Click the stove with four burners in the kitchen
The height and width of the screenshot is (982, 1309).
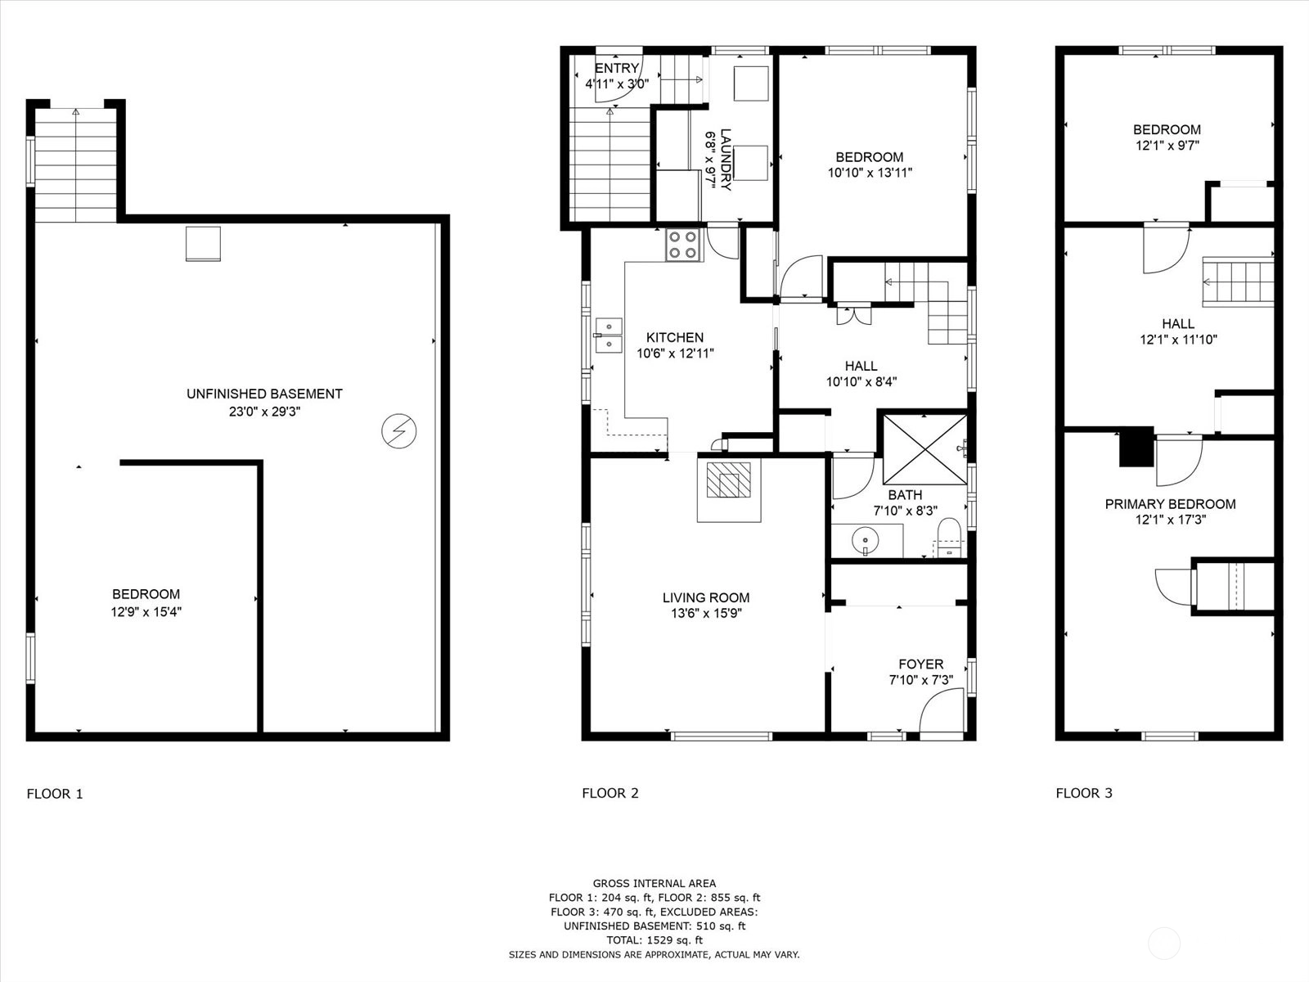(685, 245)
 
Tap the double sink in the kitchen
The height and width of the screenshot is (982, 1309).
(609, 336)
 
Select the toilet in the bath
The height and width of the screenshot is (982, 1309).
(949, 537)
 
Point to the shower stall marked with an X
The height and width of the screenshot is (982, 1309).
(925, 449)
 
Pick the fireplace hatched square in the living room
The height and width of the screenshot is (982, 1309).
(729, 480)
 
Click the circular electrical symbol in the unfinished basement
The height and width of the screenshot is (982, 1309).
(399, 431)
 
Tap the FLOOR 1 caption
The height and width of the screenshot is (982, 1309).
(55, 794)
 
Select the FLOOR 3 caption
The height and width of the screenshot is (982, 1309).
(1084, 793)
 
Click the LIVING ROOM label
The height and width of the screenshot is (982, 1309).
(706, 597)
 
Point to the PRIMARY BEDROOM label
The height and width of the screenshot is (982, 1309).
(1170, 504)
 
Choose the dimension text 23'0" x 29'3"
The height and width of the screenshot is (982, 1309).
(265, 412)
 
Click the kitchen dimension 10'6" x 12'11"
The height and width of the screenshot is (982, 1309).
(675, 354)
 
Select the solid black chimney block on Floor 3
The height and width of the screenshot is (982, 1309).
(1136, 447)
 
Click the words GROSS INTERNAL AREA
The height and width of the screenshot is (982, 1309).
(654, 884)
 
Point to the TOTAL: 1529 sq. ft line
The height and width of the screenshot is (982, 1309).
(654, 940)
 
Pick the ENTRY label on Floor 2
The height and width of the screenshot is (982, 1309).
(617, 68)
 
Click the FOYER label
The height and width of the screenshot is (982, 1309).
(920, 664)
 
